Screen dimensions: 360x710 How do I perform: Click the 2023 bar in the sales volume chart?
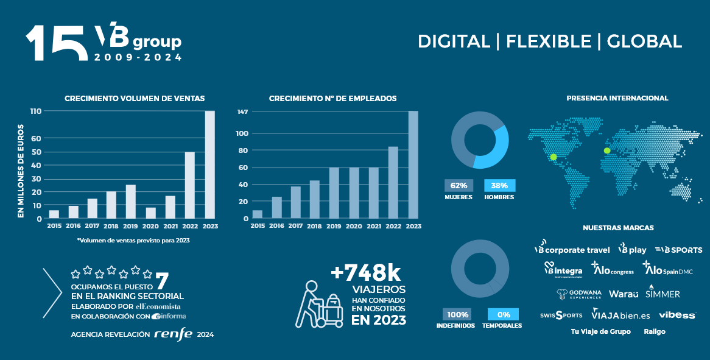(x=209, y=164)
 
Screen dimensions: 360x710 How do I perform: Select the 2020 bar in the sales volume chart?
(x=150, y=213)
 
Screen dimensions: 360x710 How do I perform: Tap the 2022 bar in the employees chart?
(x=393, y=182)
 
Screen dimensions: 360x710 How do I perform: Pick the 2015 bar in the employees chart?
(x=258, y=214)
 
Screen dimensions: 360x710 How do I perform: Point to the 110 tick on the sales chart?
(x=35, y=111)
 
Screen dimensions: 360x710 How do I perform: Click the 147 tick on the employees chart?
(x=243, y=111)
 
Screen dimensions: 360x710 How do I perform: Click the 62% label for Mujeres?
(x=459, y=186)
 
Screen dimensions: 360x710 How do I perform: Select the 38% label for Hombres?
(x=499, y=186)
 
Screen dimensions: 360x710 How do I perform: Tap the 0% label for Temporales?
(x=503, y=314)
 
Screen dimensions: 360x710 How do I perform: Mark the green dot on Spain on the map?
(x=606, y=151)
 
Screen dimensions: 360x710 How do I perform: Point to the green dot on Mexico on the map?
(x=554, y=157)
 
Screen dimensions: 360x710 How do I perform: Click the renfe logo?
(x=173, y=334)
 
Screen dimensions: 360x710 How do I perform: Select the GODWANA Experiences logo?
(x=578, y=294)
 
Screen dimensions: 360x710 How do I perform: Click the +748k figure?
(x=367, y=272)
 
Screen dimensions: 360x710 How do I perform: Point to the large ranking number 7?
(x=162, y=281)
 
